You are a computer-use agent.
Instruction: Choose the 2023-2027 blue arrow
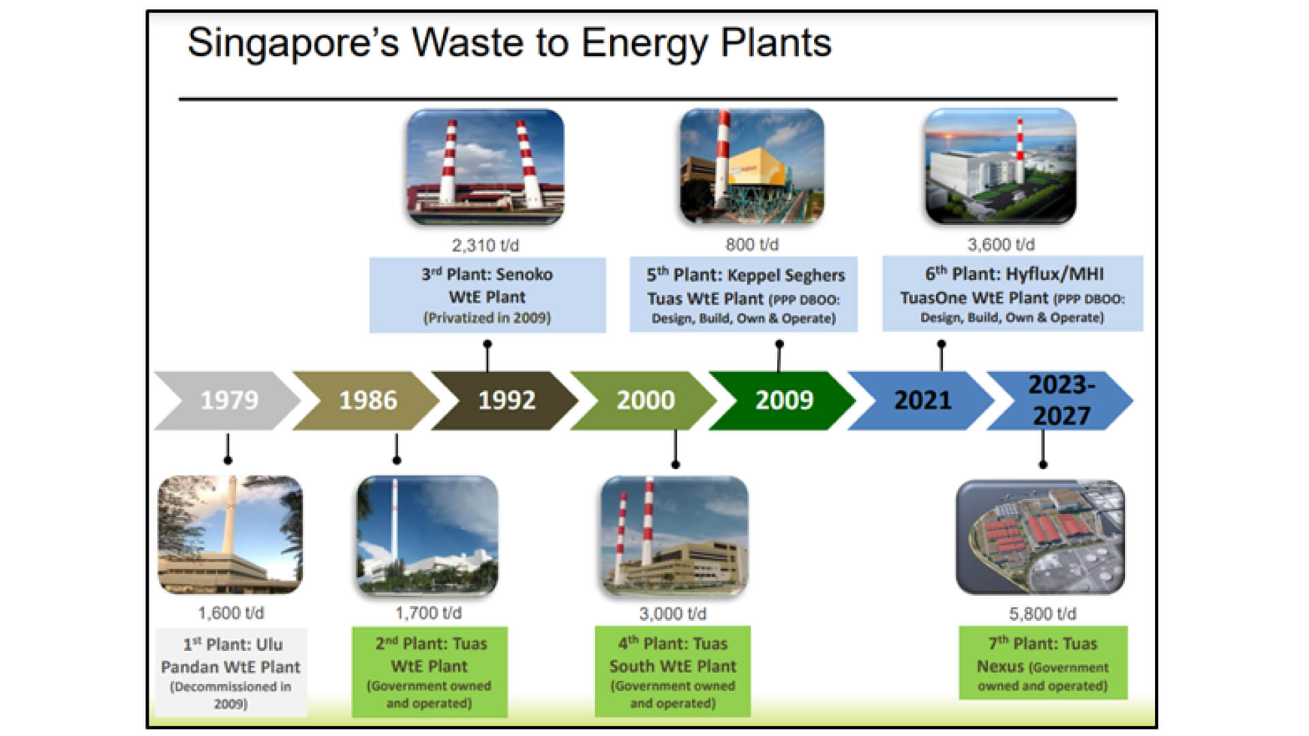click(1061, 400)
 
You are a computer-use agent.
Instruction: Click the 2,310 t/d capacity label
click(485, 245)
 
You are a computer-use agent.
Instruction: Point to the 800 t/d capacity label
click(751, 244)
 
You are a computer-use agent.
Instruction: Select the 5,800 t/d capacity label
click(1042, 613)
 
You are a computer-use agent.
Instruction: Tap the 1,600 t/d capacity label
click(230, 613)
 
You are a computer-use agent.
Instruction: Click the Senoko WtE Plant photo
click(485, 167)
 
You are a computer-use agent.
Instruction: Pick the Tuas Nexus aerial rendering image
click(1040, 537)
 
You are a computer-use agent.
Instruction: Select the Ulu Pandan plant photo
click(230, 535)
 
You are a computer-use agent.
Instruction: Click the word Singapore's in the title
click(292, 44)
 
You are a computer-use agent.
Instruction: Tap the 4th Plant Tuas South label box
click(672, 671)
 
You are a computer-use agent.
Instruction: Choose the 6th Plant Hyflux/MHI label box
click(1012, 294)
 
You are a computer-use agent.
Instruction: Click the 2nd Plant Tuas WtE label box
click(430, 671)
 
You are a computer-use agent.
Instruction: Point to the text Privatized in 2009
click(487, 318)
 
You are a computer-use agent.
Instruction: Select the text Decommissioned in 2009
click(230, 695)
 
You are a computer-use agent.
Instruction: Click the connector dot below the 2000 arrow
click(676, 465)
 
